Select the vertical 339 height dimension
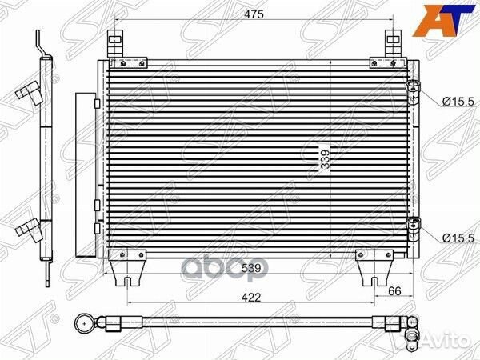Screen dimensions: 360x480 [324, 161]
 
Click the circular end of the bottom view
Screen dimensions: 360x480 [84, 324]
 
